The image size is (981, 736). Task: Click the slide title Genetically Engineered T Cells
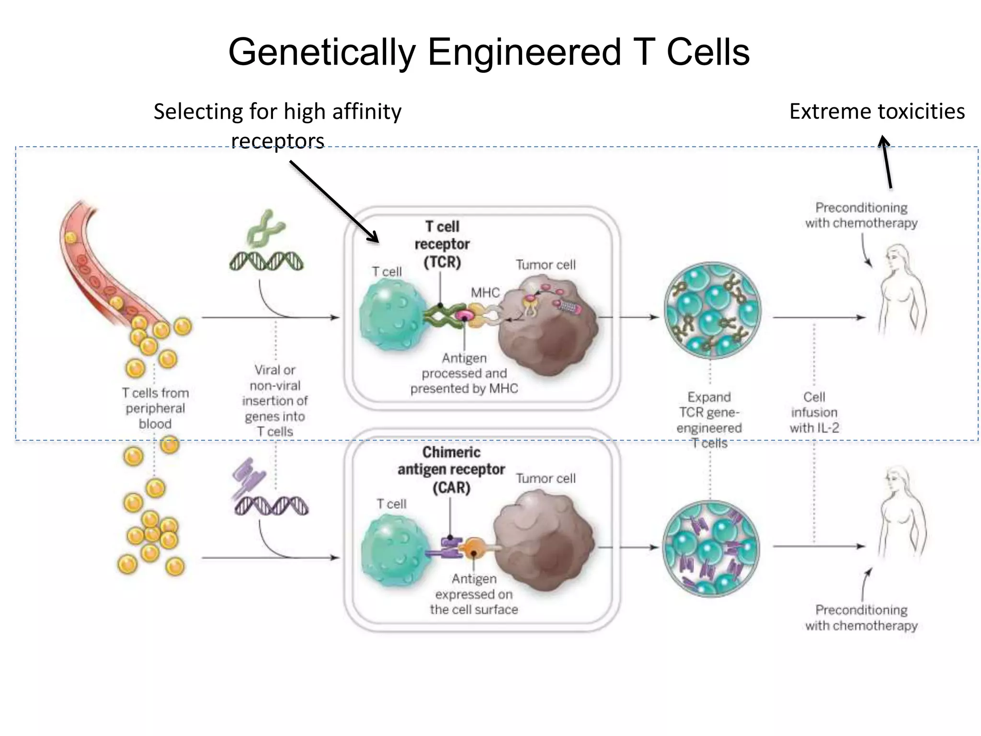tap(489, 52)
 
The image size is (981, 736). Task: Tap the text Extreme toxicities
tap(877, 111)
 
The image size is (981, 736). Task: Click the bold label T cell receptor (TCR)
tap(442, 244)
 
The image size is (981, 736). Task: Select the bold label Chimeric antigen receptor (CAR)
tap(451, 470)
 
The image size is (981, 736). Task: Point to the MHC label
tap(485, 292)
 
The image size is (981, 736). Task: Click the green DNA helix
tap(266, 261)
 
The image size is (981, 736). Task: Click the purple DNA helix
tap(272, 506)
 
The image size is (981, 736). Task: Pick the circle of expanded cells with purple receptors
tap(711, 548)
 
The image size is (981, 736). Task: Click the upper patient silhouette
tap(901, 292)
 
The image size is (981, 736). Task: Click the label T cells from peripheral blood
tap(155, 408)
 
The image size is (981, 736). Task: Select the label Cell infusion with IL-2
tap(814, 413)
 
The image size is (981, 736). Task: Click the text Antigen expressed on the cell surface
tap(474, 594)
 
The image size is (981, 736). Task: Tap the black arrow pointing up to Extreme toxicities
tap(887, 163)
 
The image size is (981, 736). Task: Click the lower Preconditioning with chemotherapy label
tap(861, 618)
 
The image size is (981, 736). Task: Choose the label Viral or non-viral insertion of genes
tap(275, 401)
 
